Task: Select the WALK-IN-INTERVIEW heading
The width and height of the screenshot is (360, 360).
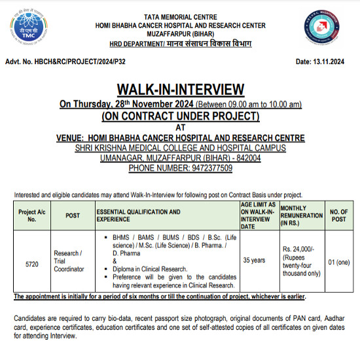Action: point(180,90)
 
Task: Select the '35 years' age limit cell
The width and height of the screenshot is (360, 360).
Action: point(254,260)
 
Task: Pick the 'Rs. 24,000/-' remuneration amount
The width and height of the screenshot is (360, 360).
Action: point(300,249)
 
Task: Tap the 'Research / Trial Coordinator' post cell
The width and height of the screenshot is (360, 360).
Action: point(69,261)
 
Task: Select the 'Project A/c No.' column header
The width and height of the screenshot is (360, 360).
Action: point(31,215)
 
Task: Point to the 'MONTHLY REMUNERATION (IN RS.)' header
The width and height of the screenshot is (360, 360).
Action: point(301,215)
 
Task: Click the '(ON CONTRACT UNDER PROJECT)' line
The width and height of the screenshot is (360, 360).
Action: point(180,116)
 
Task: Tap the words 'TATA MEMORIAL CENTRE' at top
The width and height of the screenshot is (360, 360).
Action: point(180,16)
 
